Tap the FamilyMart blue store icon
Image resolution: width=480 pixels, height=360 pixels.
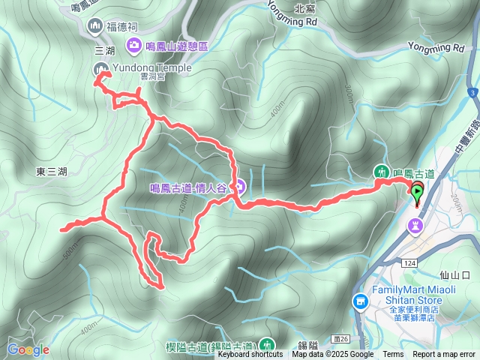[x=360, y=301]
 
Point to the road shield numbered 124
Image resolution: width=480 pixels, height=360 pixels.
[x=408, y=262]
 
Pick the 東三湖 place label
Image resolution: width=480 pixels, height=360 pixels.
[x=51, y=172]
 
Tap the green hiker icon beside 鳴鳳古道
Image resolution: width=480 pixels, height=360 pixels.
[x=381, y=172]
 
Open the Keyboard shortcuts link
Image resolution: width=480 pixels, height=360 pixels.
[x=250, y=355]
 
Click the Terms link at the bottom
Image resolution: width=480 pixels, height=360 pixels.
[x=393, y=355]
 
